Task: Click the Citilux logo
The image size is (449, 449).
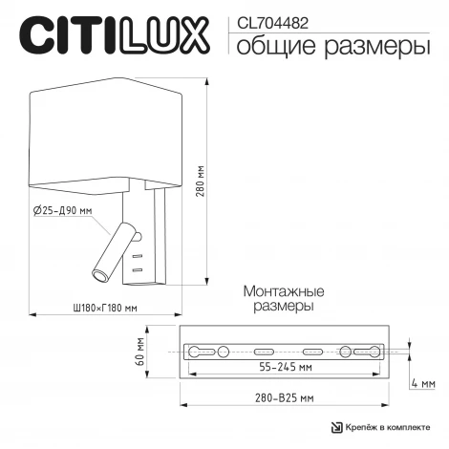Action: point(114,36)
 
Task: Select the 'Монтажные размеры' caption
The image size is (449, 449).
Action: point(284,299)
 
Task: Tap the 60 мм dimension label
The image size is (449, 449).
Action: point(139,351)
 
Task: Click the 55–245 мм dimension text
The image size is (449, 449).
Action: point(287,367)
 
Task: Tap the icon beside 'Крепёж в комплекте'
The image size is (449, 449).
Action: point(335,427)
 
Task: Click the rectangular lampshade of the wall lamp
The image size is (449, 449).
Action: point(106,132)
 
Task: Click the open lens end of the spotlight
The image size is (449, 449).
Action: point(97,277)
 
